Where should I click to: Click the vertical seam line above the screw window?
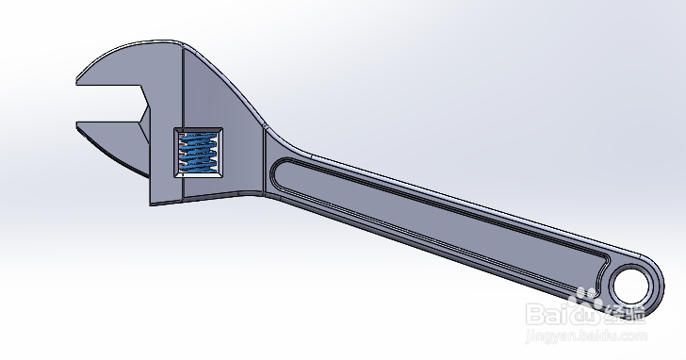[x=179, y=90]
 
